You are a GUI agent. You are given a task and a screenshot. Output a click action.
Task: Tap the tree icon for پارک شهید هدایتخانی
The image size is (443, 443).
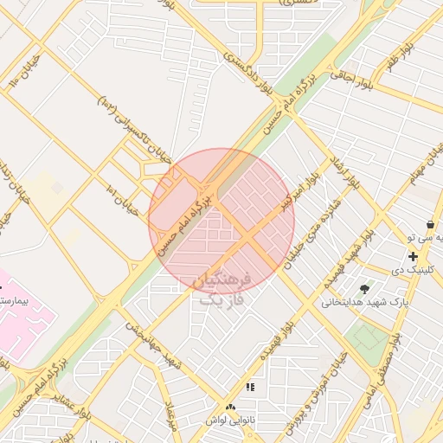click(364, 288)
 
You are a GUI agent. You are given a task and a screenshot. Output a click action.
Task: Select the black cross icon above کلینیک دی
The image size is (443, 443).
click(413, 257)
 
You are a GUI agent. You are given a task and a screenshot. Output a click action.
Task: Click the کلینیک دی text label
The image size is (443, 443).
click(412, 271)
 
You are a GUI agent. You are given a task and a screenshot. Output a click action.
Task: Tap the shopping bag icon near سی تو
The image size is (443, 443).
click(430, 224)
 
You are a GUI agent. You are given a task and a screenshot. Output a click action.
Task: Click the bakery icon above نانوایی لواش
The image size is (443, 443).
click(230, 407)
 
